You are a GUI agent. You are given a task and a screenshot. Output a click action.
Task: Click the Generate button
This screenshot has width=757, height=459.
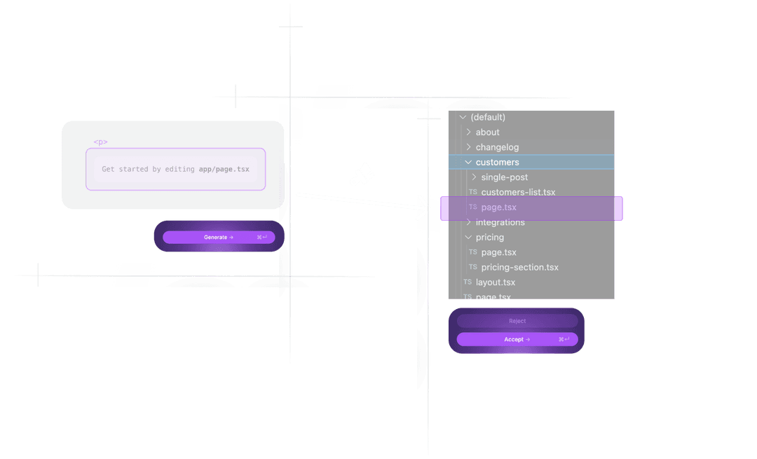(219, 237)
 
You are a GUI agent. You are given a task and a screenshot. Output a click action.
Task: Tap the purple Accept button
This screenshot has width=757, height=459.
(517, 339)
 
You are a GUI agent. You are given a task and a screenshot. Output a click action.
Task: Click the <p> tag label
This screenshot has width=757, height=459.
(101, 142)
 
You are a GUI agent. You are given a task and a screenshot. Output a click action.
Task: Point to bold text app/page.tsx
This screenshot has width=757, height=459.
(224, 170)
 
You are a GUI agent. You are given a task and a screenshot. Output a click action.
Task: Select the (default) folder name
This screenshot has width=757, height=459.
(488, 117)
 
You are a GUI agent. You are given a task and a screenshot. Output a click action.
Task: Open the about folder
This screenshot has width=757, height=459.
(488, 132)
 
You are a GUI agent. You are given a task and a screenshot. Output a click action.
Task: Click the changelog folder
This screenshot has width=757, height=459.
(497, 147)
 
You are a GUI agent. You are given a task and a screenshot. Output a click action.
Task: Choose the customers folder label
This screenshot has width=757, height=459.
(497, 163)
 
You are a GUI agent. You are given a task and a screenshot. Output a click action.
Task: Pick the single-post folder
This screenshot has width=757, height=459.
(505, 177)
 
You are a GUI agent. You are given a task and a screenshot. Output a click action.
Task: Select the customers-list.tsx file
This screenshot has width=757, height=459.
(518, 192)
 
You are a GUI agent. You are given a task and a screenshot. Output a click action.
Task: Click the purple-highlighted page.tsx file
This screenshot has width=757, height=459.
(499, 207)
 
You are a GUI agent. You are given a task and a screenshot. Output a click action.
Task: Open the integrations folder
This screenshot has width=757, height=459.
(500, 222)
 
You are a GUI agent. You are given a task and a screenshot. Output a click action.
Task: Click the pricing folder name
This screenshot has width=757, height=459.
(490, 238)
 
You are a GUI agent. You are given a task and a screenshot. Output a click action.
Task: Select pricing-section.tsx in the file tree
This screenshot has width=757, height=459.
(519, 267)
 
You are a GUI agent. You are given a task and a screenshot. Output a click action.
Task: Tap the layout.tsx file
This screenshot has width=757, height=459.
(496, 282)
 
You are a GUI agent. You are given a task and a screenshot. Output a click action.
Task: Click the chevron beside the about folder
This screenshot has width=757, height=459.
(468, 132)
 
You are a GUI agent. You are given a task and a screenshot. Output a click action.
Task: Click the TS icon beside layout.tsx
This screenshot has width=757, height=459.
(468, 282)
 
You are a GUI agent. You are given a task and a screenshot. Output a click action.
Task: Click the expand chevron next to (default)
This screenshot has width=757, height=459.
(463, 117)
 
